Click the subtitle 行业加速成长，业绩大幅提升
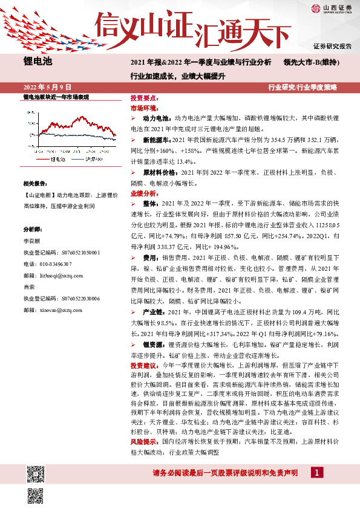click(x=169, y=76)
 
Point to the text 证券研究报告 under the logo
click(x=333, y=46)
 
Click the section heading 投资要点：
click(x=145, y=98)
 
